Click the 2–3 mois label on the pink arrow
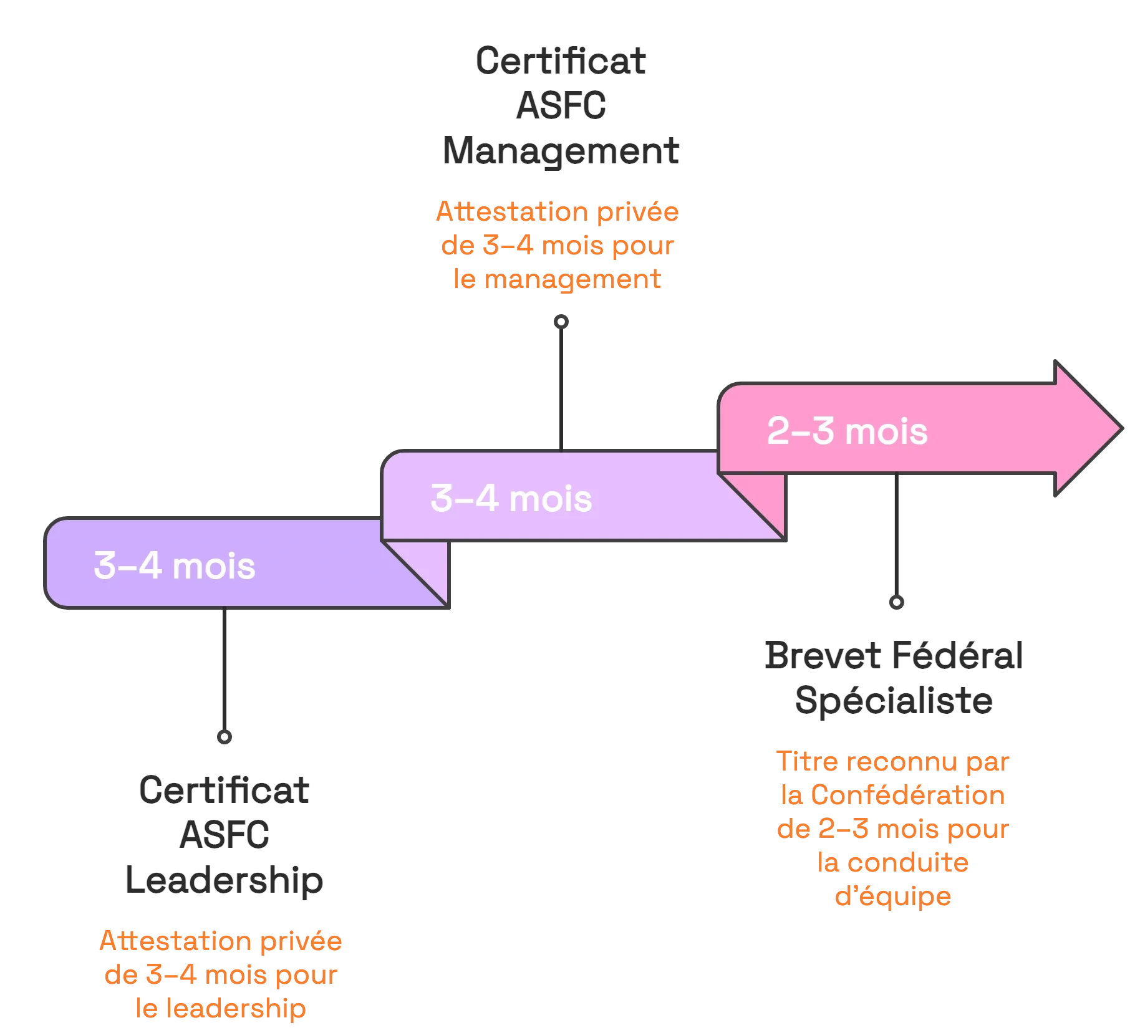(847, 431)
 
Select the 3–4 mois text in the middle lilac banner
(511, 499)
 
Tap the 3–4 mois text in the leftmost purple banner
(175, 566)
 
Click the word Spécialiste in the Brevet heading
(892, 701)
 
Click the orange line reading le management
(557, 279)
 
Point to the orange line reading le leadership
(221, 1009)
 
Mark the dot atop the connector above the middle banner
(561, 322)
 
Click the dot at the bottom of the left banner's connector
(224, 736)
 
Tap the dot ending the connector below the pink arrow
(897, 603)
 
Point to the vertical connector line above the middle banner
(561, 387)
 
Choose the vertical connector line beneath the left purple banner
(224, 670)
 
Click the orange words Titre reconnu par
(892, 762)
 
